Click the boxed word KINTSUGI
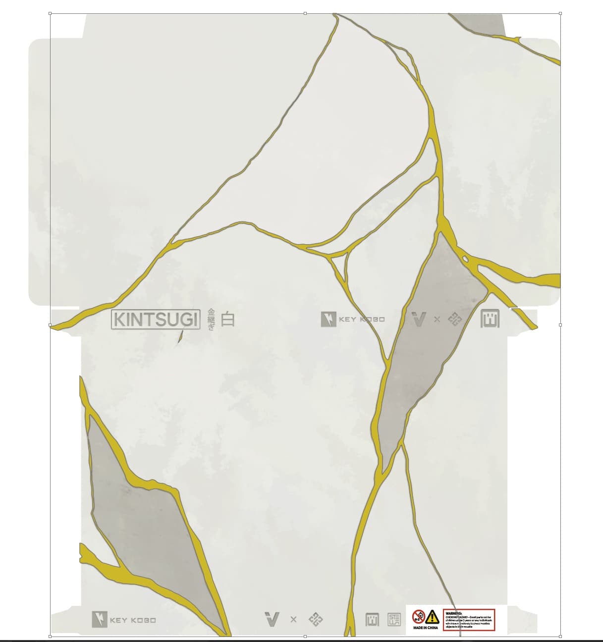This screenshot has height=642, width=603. [156, 320]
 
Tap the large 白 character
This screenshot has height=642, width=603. [227, 320]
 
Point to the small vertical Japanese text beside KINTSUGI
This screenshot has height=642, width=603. [211, 320]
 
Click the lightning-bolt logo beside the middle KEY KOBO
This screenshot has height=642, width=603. [328, 320]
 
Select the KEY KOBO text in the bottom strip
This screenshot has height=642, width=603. [133, 620]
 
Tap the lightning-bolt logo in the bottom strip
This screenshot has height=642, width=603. [99, 620]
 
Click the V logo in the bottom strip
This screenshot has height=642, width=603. [272, 619]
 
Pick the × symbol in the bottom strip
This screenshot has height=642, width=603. [293, 619]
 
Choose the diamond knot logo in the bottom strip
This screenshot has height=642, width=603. [316, 619]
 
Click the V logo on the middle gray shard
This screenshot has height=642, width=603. [419, 320]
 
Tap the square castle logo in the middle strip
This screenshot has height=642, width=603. [490, 319]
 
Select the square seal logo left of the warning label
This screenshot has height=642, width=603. [394, 619]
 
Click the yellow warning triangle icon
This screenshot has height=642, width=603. [432, 617]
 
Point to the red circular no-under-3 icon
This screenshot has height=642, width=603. [419, 617]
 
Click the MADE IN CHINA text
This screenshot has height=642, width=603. [426, 628]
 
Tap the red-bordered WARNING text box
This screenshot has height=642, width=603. [469, 619]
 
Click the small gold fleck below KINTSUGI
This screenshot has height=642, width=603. [180, 337]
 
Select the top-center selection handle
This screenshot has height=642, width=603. [305, 13]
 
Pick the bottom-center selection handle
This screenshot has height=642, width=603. [305, 636]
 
